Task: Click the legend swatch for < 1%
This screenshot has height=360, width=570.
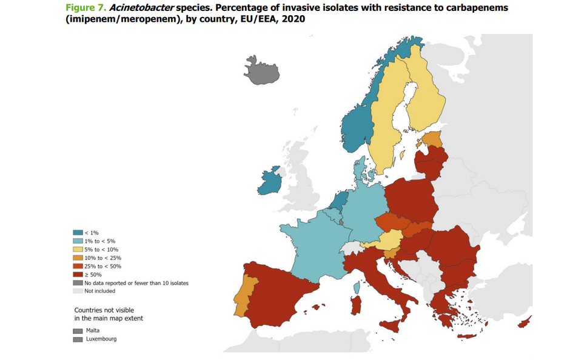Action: pyautogui.click(x=78, y=233)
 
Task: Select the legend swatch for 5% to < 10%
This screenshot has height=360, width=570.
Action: pyautogui.click(x=78, y=249)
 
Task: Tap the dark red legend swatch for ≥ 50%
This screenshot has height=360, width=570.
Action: pyautogui.click(x=78, y=274)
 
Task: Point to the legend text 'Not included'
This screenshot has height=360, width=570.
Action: pyautogui.click(x=99, y=291)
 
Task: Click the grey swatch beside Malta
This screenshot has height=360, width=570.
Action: pyautogui.click(x=78, y=331)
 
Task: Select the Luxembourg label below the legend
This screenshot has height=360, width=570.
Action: pyautogui.click(x=101, y=339)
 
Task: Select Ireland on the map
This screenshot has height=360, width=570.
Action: pyautogui.click(x=270, y=181)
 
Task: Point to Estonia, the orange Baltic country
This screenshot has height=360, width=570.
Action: pyautogui.click(x=432, y=139)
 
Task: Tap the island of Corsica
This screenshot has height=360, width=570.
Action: pyautogui.click(x=358, y=285)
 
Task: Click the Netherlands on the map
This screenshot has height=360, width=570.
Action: pyautogui.click(x=340, y=200)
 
